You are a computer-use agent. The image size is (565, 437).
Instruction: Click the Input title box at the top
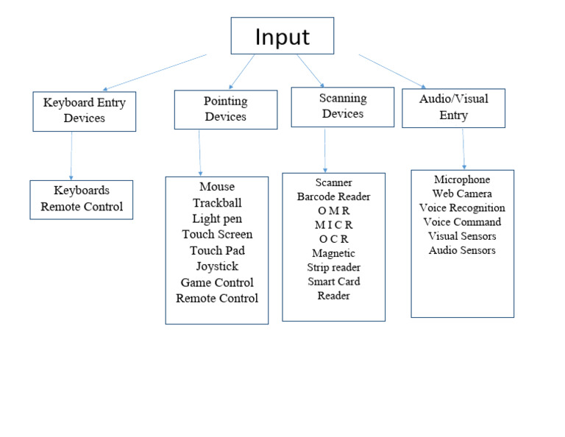282,36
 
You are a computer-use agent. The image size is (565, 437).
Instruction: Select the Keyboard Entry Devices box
85,110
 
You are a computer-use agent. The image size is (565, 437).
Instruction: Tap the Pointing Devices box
225,109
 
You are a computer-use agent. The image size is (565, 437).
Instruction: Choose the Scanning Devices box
342,106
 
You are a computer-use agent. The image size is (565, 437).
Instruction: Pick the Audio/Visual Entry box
453,107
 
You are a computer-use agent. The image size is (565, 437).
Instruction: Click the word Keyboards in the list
82,191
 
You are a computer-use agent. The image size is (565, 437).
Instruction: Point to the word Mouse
217,187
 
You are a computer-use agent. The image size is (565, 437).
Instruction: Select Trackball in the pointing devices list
217,203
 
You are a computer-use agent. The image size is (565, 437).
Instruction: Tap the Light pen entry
217,218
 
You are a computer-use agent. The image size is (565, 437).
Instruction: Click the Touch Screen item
217,235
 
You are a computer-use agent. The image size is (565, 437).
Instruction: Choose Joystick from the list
217,266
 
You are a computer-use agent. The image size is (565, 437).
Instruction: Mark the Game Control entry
217,283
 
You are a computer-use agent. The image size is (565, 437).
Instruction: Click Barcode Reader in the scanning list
333,196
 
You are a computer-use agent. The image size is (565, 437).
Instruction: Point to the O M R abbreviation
333,211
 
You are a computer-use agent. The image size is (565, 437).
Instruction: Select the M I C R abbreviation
333,225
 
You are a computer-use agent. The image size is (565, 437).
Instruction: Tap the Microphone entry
462,180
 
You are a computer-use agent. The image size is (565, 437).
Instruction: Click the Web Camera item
462,193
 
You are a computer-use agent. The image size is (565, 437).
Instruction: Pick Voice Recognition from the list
462,207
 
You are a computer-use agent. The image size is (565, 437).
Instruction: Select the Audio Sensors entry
462,250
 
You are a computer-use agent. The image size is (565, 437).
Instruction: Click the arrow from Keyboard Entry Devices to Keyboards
71,155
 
